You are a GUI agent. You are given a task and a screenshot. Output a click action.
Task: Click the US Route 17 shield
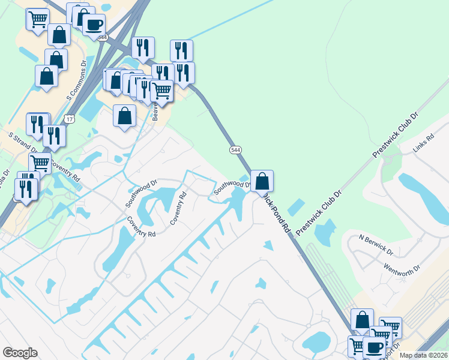70,119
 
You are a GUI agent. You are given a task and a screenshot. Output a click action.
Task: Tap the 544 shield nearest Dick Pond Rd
234,148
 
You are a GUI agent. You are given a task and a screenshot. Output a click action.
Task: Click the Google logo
20,353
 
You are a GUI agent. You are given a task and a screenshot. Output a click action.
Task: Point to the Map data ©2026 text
423,355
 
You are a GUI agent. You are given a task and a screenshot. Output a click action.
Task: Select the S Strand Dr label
23,140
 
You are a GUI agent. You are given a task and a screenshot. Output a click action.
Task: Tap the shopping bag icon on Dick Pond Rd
262,180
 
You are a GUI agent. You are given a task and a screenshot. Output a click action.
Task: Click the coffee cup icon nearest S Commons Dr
94,25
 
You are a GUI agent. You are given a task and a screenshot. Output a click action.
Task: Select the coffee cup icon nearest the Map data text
375,347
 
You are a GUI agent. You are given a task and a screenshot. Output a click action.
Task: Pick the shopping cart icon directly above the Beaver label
162,91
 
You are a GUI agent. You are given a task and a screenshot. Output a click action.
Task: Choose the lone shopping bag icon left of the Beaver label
124,115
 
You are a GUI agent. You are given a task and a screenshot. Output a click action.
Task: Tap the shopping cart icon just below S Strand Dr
40,163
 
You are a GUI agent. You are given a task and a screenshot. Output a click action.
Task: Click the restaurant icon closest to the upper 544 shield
143,47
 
